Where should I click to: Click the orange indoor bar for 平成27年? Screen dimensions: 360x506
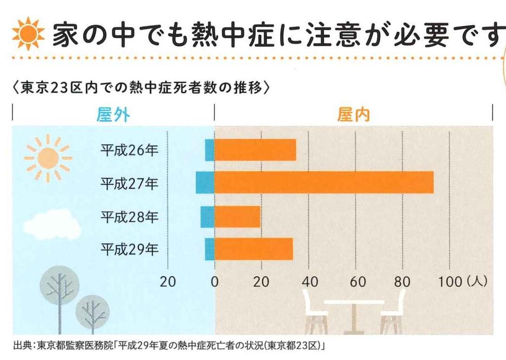coord(324,182)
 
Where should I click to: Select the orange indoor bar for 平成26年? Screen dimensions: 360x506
coord(255,150)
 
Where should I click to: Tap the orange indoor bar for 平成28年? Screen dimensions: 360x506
coord(237,217)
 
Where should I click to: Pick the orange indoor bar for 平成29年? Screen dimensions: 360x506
coord(253,249)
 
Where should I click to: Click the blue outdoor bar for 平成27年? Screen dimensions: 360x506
coord(205,182)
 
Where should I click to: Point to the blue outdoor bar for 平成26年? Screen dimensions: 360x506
coord(210,150)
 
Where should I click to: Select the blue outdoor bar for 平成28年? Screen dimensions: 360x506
coord(207,217)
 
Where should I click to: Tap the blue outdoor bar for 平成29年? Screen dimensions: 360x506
coord(210,249)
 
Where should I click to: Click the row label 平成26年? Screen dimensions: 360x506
coord(130,150)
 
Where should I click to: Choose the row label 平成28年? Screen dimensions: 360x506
coord(130,217)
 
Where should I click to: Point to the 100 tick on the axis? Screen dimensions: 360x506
coord(450,281)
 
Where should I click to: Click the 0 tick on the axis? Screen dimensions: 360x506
coord(215,281)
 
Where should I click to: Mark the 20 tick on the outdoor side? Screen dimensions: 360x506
coord(167,281)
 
